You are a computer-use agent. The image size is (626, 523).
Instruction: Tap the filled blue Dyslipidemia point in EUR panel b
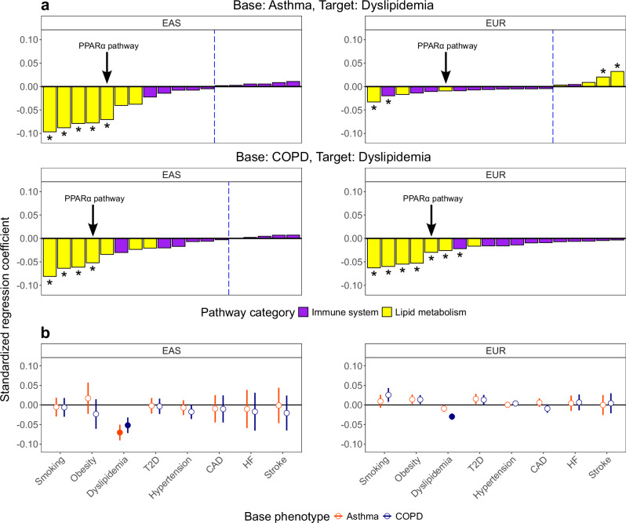[x=452, y=416]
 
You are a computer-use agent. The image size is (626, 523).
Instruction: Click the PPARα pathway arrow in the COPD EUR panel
[x=431, y=219]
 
